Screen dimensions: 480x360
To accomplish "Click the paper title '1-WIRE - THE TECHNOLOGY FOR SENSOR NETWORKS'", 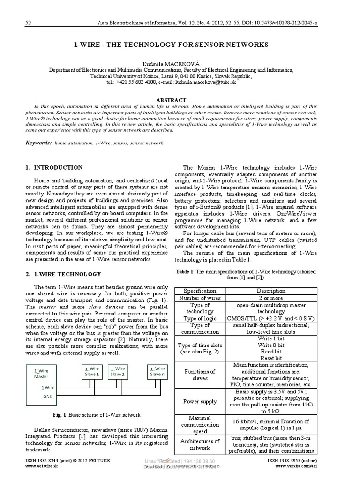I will tap(172, 45).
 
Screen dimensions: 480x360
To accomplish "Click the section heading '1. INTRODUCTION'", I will tap(54, 168).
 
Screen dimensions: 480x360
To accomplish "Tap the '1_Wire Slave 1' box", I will tap(92, 371).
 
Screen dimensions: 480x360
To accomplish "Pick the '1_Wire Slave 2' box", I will tap(117, 371).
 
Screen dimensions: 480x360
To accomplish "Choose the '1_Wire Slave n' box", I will tap(157, 371).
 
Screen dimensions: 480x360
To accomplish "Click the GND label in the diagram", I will tap(48, 396).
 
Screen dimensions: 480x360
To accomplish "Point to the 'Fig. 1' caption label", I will tap(60, 415).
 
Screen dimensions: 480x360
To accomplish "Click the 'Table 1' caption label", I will tap(184, 271).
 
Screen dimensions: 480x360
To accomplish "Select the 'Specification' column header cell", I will tap(200, 291).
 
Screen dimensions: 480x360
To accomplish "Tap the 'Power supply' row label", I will tap(200, 401).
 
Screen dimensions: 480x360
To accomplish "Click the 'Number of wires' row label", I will tap(200, 298).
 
